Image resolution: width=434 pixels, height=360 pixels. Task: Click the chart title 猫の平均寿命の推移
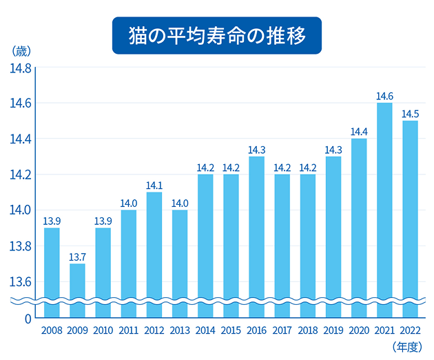217,35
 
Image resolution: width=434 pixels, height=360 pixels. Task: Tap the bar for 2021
384,207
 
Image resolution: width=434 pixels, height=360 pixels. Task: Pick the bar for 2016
256,234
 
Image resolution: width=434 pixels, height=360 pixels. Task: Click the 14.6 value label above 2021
384,96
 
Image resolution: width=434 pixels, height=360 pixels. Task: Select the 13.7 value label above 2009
77,257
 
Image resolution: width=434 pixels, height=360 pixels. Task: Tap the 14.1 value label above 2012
154,185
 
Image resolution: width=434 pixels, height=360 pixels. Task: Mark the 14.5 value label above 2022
410,114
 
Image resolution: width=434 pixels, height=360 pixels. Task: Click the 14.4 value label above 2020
359,132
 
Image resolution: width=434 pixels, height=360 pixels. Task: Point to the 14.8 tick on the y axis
19,68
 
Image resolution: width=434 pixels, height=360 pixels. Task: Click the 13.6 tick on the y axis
19,281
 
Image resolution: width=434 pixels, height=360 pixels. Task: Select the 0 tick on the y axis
28,319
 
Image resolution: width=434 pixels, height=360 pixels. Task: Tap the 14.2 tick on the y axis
19,174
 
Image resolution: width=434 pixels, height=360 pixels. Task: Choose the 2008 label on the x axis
52,330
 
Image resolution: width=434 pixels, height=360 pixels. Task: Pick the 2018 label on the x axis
307,330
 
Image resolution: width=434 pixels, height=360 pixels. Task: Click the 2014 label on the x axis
205,330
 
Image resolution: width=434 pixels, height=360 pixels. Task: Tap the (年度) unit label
406,346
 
